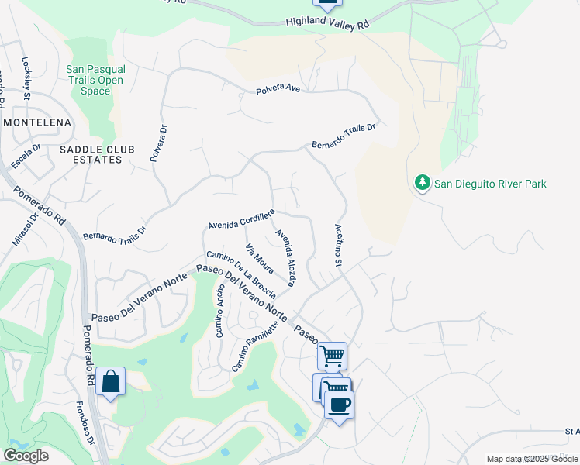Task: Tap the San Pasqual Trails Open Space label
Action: click(96, 80)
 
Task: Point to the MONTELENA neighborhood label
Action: click(37, 122)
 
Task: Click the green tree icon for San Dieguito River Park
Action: click(422, 183)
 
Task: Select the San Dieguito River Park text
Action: click(490, 184)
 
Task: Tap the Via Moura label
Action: click(259, 259)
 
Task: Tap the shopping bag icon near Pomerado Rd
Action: click(111, 381)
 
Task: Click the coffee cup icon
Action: click(339, 404)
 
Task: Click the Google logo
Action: click(26, 456)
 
